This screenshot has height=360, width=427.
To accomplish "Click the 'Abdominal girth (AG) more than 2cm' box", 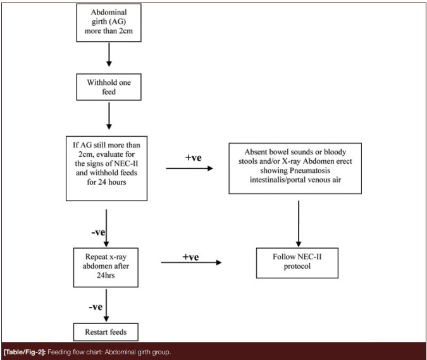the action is pyautogui.click(x=109, y=22).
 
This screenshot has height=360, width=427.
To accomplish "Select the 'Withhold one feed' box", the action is pyautogui.click(x=109, y=87).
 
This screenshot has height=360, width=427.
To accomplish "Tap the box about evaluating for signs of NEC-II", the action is pyautogui.click(x=106, y=168).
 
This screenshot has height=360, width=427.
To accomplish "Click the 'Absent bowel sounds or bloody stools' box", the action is pyautogui.click(x=295, y=168).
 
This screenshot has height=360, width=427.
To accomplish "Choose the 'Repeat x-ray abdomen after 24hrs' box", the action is pyautogui.click(x=106, y=268).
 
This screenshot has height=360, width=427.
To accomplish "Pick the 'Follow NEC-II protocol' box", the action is pyautogui.click(x=297, y=263).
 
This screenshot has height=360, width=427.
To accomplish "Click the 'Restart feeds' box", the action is pyautogui.click(x=106, y=332).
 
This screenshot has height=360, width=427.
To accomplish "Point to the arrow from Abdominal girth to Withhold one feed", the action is pyautogui.click(x=109, y=54).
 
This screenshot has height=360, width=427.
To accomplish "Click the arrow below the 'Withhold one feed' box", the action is pyautogui.click(x=109, y=116).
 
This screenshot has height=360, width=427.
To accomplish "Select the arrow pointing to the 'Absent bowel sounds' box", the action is pyautogui.click(x=190, y=168).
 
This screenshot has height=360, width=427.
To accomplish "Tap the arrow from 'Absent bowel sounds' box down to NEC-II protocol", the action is pyautogui.click(x=299, y=224).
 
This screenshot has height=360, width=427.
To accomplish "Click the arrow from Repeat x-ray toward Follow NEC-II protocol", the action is pyautogui.click(x=192, y=263).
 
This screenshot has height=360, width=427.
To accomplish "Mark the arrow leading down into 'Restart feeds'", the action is pyautogui.click(x=106, y=305).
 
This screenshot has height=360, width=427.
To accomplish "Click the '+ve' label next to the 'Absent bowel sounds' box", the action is pyautogui.click(x=194, y=158).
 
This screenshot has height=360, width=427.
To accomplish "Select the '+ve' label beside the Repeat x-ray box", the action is pyautogui.click(x=190, y=257).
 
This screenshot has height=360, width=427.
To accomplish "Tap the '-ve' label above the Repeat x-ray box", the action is pyautogui.click(x=98, y=232).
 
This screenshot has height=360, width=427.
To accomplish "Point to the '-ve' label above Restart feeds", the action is pyautogui.click(x=96, y=307).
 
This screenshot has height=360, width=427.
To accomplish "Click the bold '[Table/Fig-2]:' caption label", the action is pyautogui.click(x=25, y=352).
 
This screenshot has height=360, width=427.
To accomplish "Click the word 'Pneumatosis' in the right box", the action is pyautogui.click(x=310, y=170).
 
